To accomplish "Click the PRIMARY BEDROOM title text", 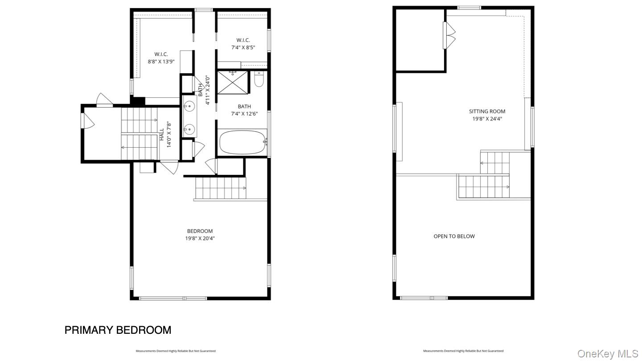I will coord(118,330).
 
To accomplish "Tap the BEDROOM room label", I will coord(200,231).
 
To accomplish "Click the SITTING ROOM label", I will coord(487,112).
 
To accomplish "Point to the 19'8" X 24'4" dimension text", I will coord(487,119).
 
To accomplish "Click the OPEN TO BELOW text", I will coord(454,236).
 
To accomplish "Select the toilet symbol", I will coord(259,80).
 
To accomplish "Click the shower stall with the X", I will coord(232,83).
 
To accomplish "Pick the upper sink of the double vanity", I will coord(189,107).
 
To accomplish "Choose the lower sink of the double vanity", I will coord(189,130).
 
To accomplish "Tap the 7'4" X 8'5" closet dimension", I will coord(243,47).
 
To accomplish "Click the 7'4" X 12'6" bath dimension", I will coord(244,114).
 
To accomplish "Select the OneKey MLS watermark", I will coord(608,354).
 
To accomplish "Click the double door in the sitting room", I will coord(449,35).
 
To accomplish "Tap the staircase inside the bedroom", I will coord(221,188).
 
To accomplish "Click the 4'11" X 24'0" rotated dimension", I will coord(207,90).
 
